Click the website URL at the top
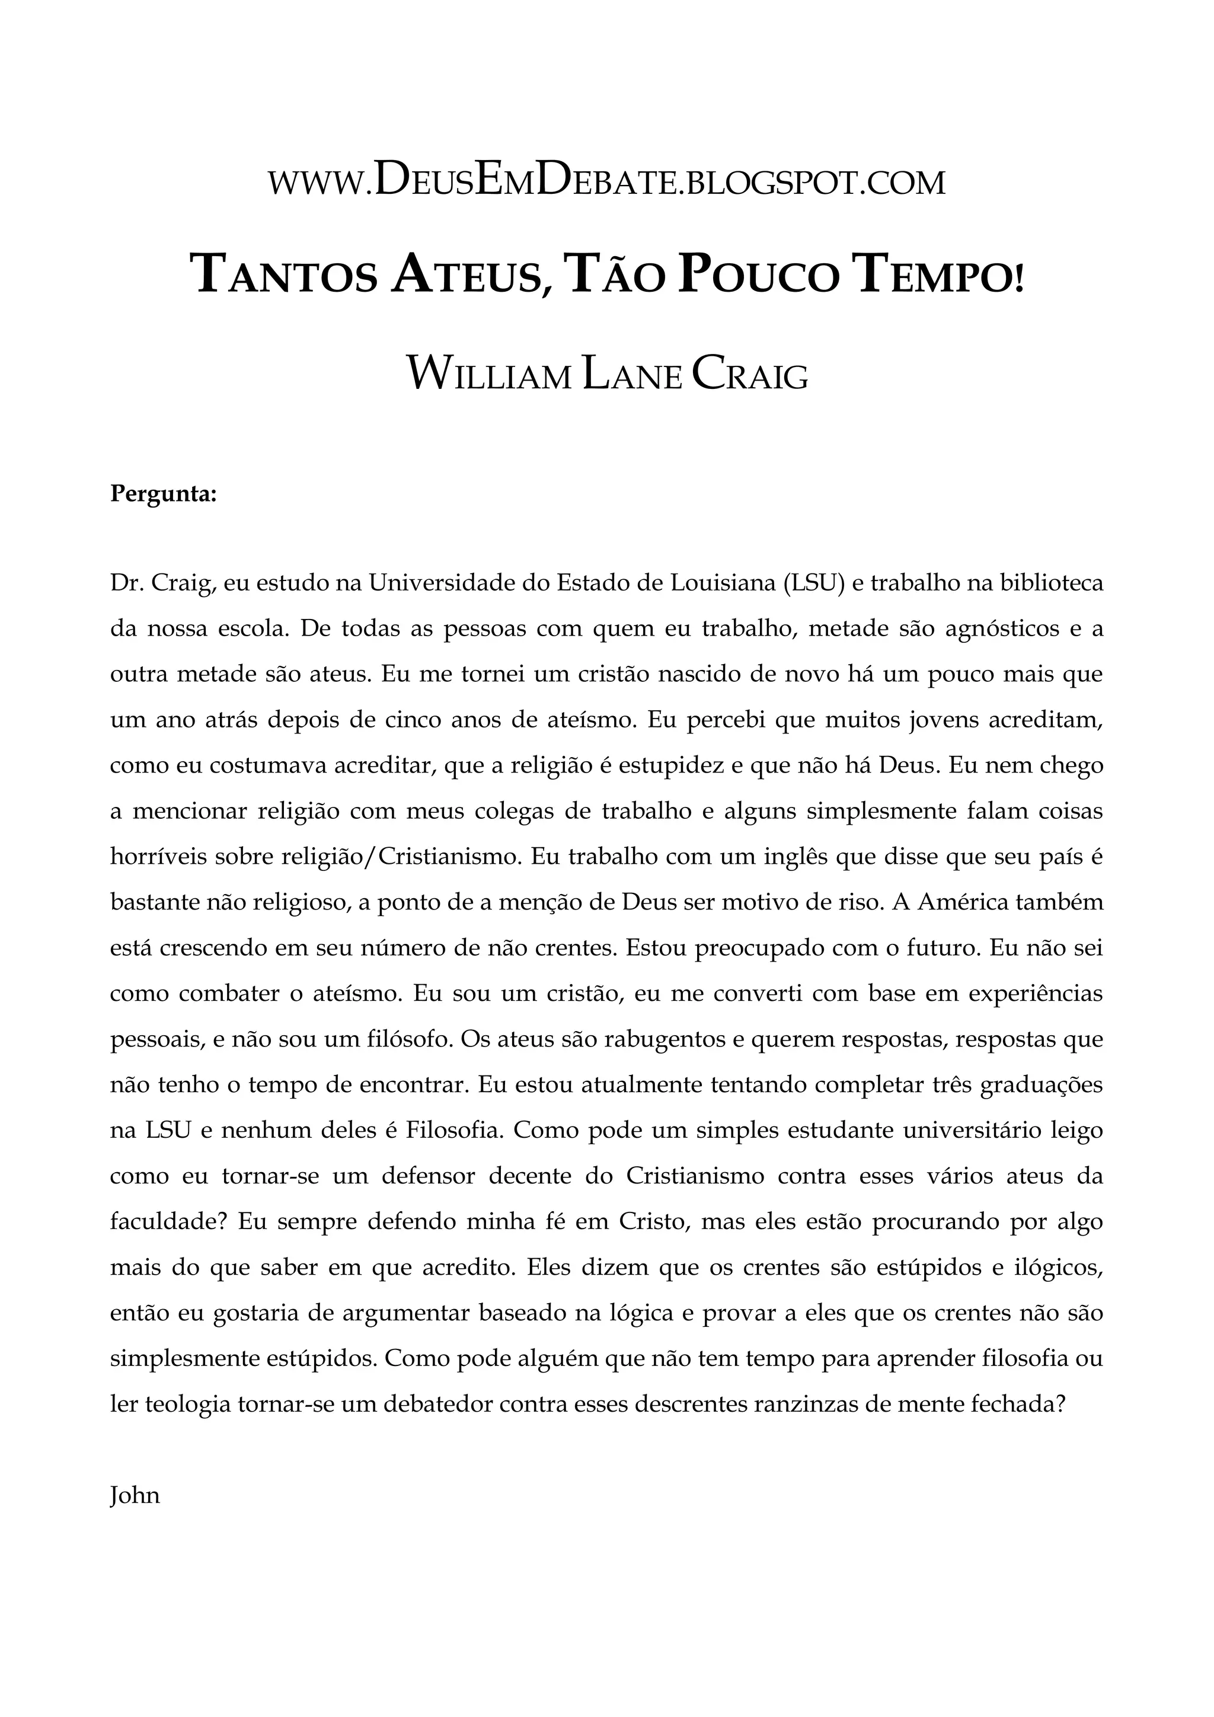[606, 183]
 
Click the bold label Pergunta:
[163, 494]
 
